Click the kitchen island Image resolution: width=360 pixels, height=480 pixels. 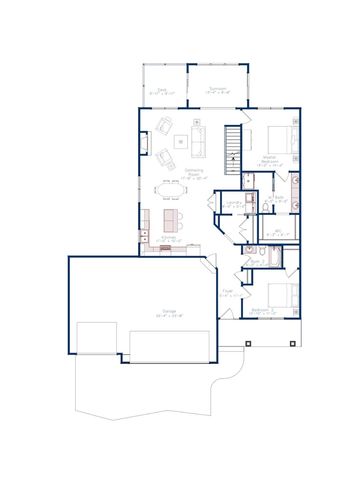click(173, 217)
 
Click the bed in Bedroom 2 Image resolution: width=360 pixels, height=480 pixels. click(283, 295)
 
